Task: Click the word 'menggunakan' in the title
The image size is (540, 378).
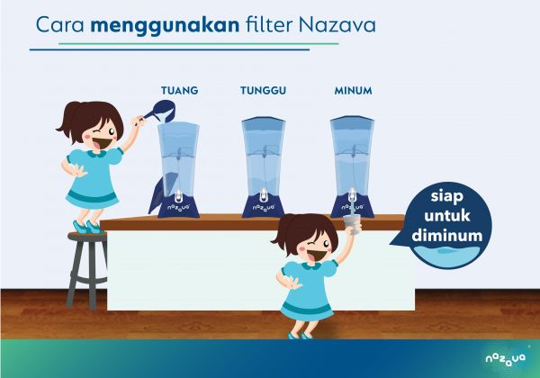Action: point(165,26)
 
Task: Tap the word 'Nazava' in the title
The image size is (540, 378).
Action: point(337,25)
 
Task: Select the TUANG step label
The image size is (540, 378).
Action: point(180,91)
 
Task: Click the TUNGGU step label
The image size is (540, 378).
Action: point(263,91)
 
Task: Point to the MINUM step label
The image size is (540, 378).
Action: point(354,91)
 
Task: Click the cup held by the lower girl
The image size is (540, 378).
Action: point(352,224)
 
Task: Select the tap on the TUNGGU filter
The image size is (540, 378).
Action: point(263,195)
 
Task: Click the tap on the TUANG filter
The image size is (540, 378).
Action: point(178,195)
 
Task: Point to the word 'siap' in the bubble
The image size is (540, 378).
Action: point(446,197)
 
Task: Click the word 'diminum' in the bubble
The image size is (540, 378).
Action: point(447,236)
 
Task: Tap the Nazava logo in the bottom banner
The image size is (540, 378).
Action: point(505,359)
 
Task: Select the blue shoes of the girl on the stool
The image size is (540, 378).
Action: point(85,227)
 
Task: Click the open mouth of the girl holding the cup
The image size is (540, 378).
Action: point(319,255)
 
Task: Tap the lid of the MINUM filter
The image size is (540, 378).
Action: point(352,120)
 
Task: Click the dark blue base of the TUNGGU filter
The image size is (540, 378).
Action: point(263,206)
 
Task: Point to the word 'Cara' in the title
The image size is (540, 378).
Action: point(60,25)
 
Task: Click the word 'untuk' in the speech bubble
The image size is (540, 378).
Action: point(447,216)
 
